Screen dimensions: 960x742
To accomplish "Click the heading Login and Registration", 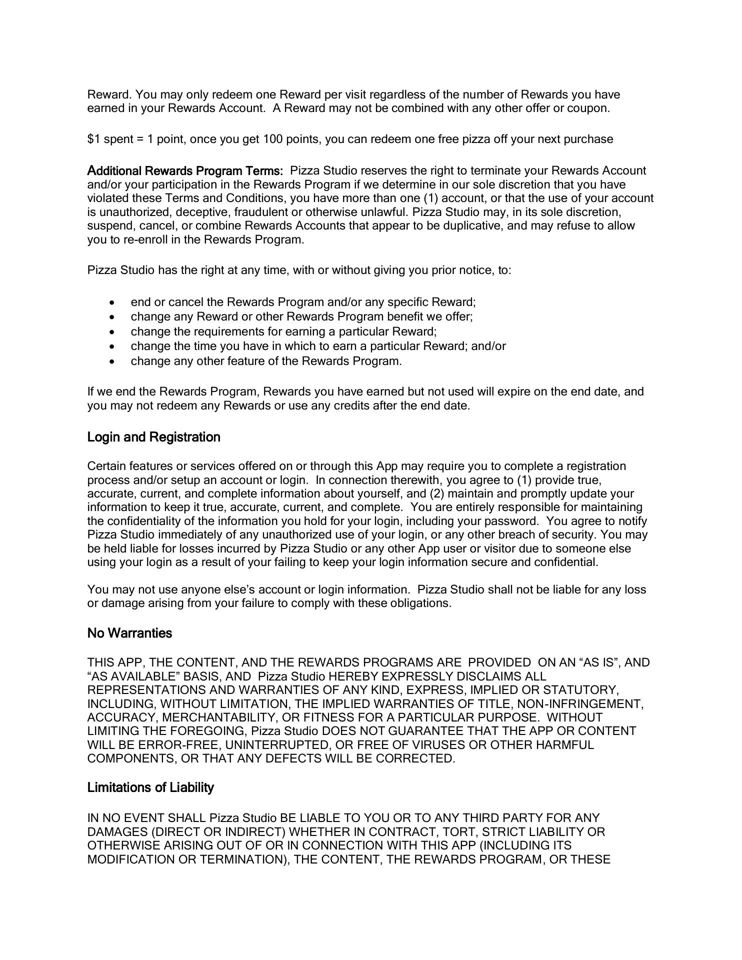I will point(153,437).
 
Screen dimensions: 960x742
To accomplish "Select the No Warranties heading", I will point(129,633).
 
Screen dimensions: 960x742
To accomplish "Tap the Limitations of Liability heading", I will point(150,787).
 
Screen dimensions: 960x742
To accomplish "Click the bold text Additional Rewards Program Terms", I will point(185,170).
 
